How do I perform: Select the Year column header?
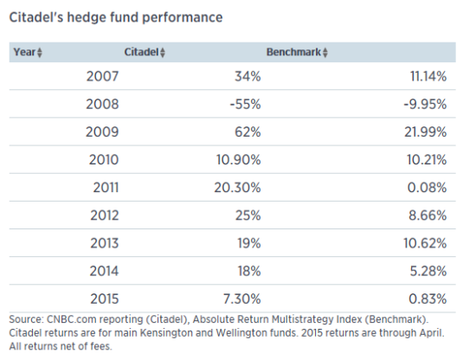(24, 52)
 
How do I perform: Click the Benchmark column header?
(293, 52)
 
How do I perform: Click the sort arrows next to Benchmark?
(325, 53)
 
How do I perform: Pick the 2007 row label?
(102, 76)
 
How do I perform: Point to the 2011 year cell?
(102, 187)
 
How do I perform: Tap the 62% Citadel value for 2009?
(247, 132)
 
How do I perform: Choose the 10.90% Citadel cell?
(237, 159)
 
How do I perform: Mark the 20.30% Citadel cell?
(237, 187)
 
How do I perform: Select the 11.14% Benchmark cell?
(426, 76)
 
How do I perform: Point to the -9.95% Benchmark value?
(424, 104)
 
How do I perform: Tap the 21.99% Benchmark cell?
(425, 132)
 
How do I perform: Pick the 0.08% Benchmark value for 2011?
(428, 187)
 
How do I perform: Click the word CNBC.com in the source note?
(72, 320)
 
